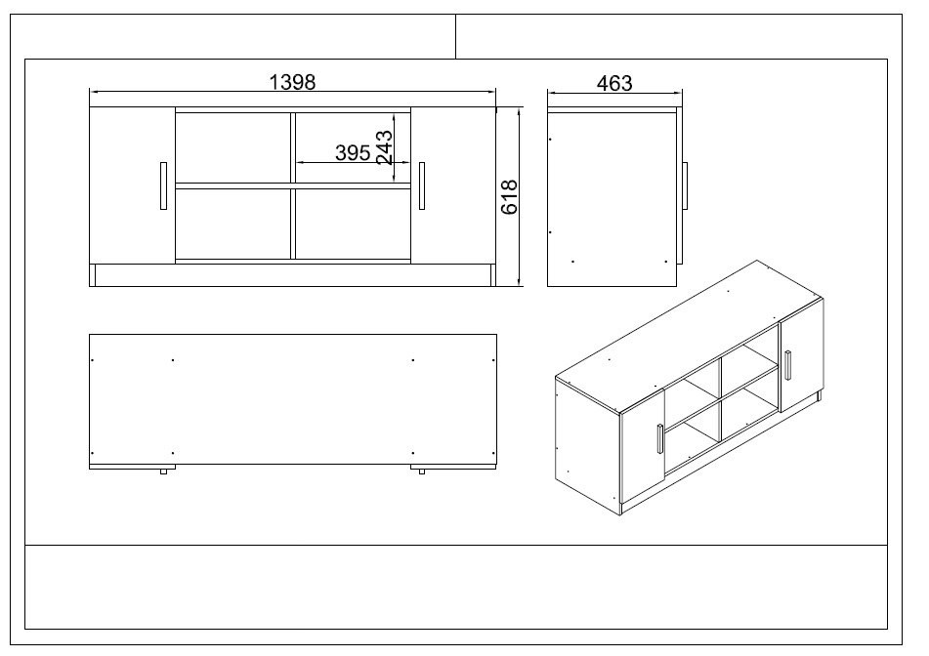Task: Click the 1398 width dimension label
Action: tap(292, 82)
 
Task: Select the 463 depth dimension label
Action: tap(613, 83)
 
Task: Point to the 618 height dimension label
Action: tap(509, 197)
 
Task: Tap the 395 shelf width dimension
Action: tap(352, 153)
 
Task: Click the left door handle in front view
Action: tap(161, 185)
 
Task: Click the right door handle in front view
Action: tap(422, 185)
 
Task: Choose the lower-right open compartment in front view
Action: tap(353, 224)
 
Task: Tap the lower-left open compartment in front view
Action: tap(232, 224)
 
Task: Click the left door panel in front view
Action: tap(132, 185)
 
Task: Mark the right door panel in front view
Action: tap(453, 185)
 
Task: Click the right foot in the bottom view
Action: tap(422, 472)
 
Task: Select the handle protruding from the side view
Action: tap(686, 185)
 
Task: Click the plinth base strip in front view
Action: tap(292, 275)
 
